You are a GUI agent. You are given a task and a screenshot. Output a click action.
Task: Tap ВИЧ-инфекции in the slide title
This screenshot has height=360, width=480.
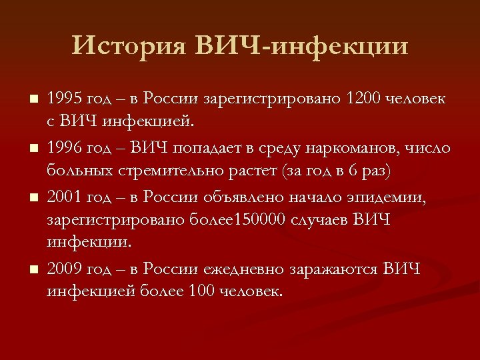[302, 46]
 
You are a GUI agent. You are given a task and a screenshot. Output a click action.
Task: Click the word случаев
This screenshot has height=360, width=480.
[323, 219]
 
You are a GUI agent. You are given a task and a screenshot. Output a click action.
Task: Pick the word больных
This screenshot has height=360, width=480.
[78, 171]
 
